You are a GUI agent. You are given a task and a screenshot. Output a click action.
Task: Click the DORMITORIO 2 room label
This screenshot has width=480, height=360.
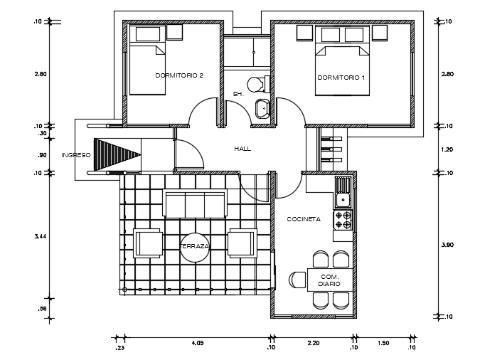179,75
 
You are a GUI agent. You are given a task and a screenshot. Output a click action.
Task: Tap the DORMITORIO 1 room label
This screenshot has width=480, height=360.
341,77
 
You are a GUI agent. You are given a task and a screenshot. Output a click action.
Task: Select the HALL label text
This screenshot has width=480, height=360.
242,149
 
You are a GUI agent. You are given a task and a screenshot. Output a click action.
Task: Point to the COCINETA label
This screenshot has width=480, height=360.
304,219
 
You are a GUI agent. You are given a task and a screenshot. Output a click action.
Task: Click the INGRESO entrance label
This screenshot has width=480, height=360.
75,154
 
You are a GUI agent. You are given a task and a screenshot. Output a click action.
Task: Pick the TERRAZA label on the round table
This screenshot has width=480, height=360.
194,246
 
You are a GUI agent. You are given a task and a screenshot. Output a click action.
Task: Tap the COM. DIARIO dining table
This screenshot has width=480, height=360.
329,279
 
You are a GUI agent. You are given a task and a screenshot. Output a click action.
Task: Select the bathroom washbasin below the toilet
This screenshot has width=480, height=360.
262,108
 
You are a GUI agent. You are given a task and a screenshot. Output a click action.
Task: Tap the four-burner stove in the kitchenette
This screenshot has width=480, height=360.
343,220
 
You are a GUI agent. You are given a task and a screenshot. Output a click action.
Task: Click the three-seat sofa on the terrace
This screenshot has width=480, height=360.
194,204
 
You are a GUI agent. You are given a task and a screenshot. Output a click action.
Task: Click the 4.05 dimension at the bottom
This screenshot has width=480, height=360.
197,343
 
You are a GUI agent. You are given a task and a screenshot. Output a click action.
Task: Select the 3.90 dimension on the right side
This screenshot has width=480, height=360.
447,244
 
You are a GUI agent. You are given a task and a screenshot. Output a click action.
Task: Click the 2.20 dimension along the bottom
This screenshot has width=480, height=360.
313,343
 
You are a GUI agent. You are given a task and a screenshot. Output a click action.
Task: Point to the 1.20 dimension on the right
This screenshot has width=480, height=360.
447,149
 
